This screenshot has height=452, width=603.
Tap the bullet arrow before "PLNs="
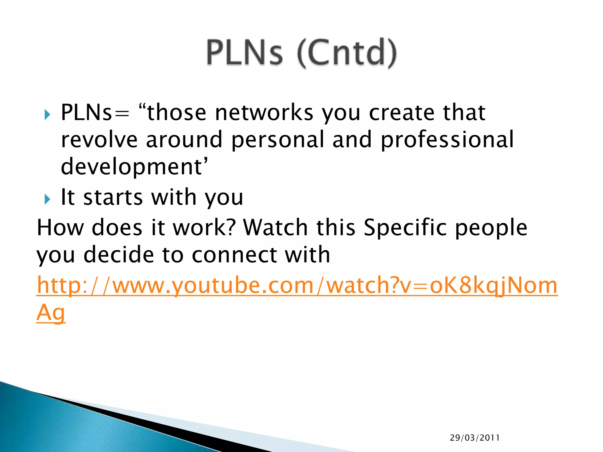pyautogui.click(x=47, y=114)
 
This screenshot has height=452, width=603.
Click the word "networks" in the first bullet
pyautogui.click(x=264, y=113)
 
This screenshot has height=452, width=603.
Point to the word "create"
pyautogui.click(x=402, y=113)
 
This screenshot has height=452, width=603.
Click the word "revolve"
pyautogui.click(x=99, y=139)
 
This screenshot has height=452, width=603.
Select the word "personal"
pyautogui.click(x=277, y=140)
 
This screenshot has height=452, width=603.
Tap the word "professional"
pyautogui.click(x=447, y=140)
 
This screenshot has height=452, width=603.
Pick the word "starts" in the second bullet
pyautogui.click(x=113, y=197)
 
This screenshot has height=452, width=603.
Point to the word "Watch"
pyautogui.click(x=276, y=227)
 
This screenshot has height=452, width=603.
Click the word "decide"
pyautogui.click(x=119, y=255)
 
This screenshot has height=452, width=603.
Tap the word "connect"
pyautogui.click(x=234, y=255)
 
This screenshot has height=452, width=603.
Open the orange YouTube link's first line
pyautogui.click(x=297, y=285)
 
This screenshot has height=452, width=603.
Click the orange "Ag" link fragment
pyautogui.click(x=51, y=313)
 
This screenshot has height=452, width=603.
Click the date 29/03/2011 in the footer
pyautogui.click(x=475, y=438)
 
